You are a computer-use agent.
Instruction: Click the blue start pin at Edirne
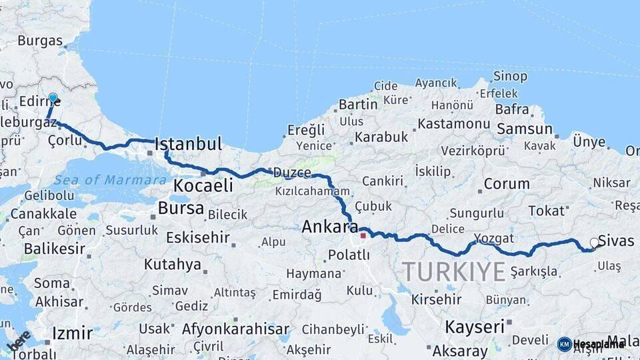pos(53,98)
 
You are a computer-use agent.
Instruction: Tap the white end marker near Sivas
pos(594,243)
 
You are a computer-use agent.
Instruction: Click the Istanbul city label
pos(188,144)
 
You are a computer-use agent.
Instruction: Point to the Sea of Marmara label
pos(110,180)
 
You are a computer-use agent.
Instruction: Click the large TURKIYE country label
pos(453,271)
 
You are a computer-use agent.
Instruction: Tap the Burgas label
pos(40,41)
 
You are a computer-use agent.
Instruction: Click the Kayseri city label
pos(474,327)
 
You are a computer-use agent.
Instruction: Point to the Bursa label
pos(181,209)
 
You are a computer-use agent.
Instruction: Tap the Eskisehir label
pos(197,237)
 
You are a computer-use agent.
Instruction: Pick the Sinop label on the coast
pos(510,77)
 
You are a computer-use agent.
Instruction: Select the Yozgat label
pos(494,238)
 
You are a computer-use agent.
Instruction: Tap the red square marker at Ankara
pos(363,235)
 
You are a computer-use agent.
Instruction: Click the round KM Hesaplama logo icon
pos(564,344)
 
